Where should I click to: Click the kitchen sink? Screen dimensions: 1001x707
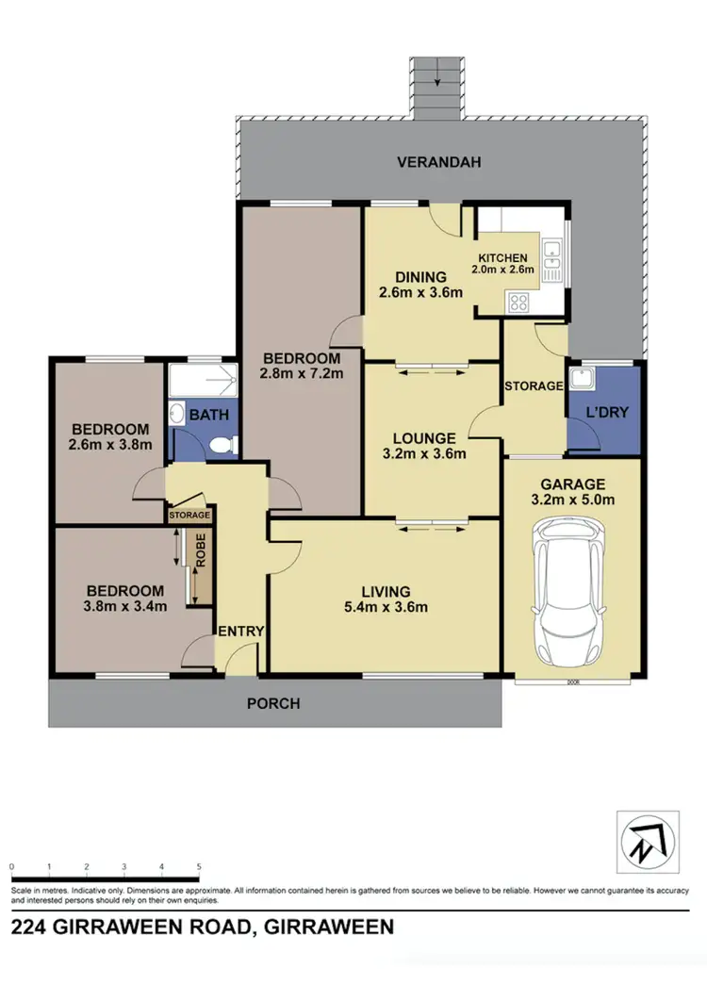coord(553,250)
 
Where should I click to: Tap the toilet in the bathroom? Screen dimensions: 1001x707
coord(222,445)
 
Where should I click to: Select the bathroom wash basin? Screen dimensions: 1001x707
coord(176,413)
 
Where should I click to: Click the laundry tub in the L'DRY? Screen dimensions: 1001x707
coord(583,380)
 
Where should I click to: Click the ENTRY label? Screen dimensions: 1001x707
coord(241,632)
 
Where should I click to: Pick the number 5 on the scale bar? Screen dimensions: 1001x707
coord(199,866)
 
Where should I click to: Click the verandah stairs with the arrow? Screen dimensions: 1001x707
coord(436,88)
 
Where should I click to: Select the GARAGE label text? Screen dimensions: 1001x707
coord(573,484)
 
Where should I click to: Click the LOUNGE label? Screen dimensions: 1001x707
coord(426,437)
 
